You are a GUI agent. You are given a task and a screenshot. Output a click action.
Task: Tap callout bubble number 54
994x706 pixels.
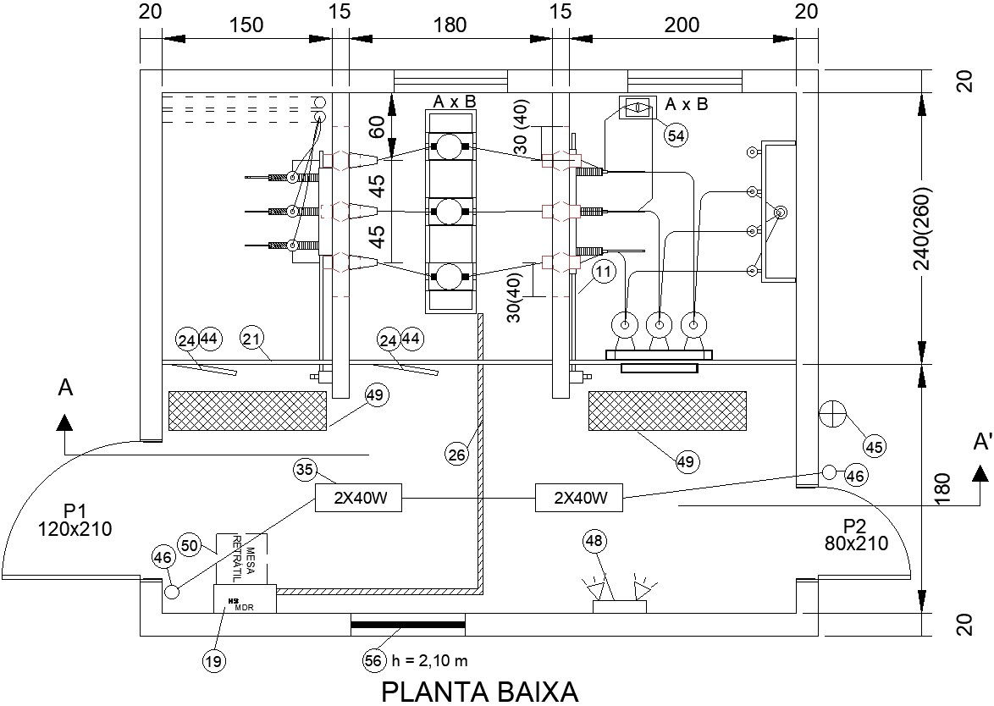point(675,135)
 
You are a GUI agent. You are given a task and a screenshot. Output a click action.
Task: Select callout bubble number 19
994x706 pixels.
point(215,661)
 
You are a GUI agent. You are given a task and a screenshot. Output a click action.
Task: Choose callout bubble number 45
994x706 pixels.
point(875,445)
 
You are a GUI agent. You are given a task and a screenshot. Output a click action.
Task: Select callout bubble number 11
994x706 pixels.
point(602,272)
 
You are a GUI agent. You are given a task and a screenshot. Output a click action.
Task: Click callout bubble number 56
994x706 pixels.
point(374,661)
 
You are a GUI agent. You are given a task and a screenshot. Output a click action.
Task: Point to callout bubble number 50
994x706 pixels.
point(189,544)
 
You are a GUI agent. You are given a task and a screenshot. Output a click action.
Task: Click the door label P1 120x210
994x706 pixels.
point(75,521)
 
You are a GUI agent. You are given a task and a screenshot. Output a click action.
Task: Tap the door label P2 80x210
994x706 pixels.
point(856,535)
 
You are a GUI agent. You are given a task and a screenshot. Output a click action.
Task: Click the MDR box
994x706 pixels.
point(245,599)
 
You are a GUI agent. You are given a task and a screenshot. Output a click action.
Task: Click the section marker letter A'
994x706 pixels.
point(982,443)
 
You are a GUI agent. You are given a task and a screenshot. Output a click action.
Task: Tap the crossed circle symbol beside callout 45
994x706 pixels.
point(833,414)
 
